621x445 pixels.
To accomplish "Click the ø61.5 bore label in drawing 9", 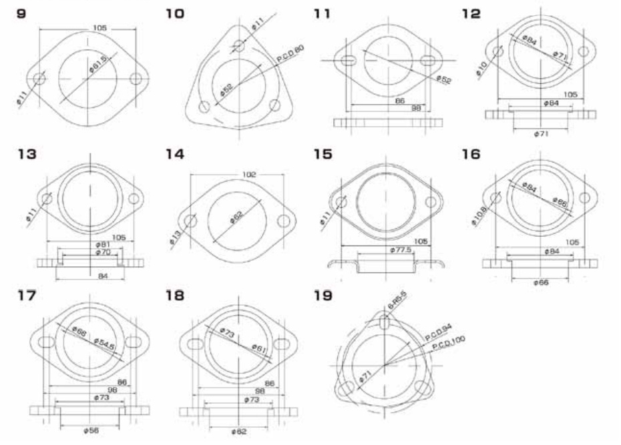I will (x=98, y=65).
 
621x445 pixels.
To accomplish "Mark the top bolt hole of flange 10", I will (x=240, y=46).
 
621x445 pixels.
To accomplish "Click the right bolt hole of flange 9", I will (x=137, y=79).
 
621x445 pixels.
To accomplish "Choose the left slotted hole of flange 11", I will (x=348, y=60).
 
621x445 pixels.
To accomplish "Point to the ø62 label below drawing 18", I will (x=240, y=432).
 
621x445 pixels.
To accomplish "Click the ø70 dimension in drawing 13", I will (x=102, y=253).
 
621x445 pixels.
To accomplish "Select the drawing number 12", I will (x=471, y=13).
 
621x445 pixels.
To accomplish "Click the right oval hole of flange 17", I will (x=134, y=342).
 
